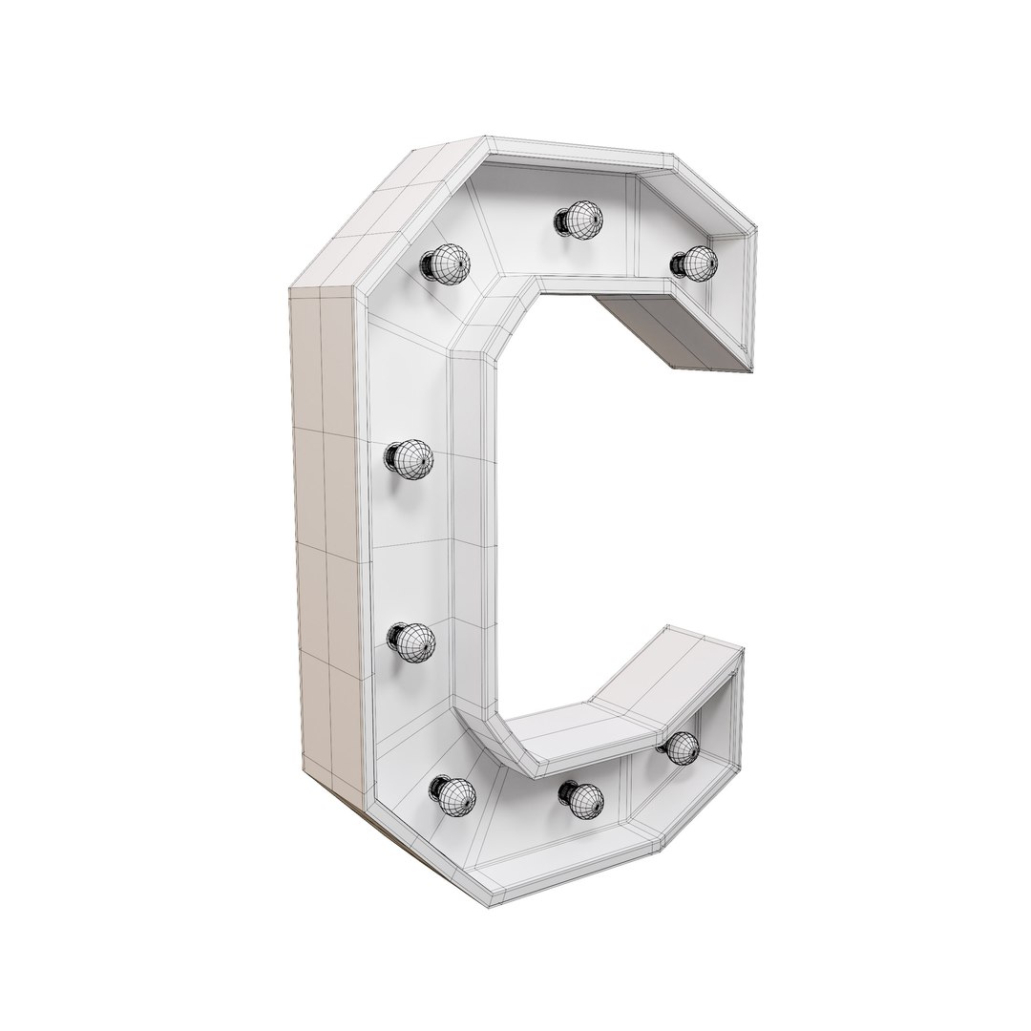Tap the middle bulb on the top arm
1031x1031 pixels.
[x=579, y=221]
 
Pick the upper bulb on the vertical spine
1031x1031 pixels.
[x=410, y=459]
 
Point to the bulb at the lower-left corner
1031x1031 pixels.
[x=452, y=793]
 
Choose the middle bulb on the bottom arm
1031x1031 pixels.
[x=581, y=798]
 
